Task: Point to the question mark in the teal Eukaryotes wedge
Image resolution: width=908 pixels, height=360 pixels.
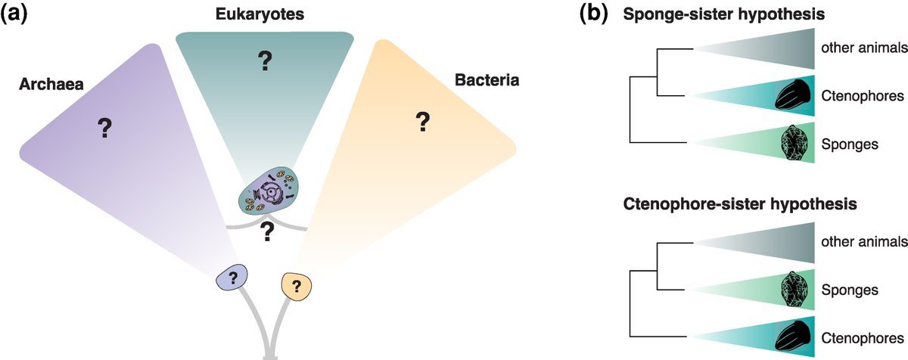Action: click(x=264, y=62)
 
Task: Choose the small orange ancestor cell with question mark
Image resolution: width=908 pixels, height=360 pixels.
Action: click(x=297, y=286)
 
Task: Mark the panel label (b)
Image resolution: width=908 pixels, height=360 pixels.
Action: click(x=592, y=13)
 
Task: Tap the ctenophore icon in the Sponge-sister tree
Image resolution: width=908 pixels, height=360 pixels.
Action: click(x=794, y=96)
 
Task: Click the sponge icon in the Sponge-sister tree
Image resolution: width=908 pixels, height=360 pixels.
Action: click(x=795, y=143)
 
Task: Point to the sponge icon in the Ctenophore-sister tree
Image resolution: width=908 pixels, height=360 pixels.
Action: click(x=795, y=289)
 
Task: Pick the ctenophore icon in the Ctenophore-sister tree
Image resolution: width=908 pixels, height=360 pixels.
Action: click(x=794, y=334)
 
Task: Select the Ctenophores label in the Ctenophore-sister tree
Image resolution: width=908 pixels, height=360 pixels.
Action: click(x=861, y=334)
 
